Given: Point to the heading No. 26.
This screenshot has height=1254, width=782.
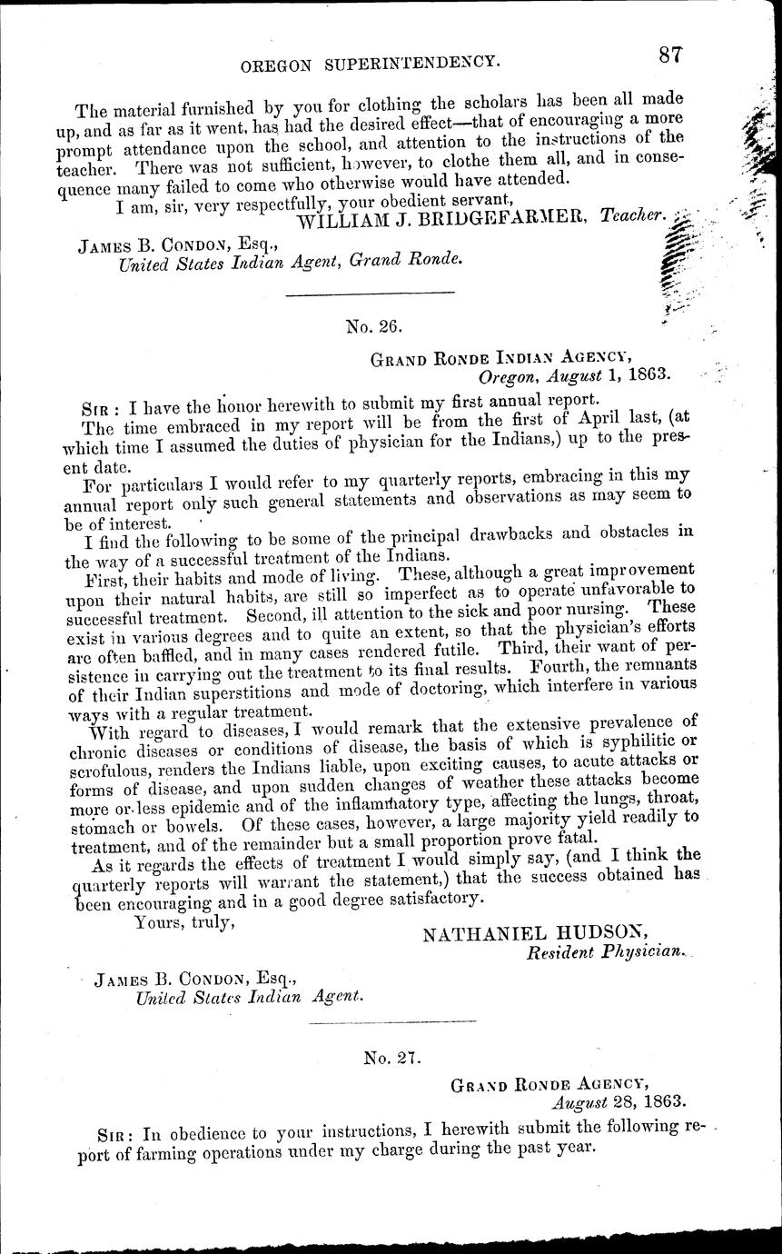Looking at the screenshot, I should coord(372,322).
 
